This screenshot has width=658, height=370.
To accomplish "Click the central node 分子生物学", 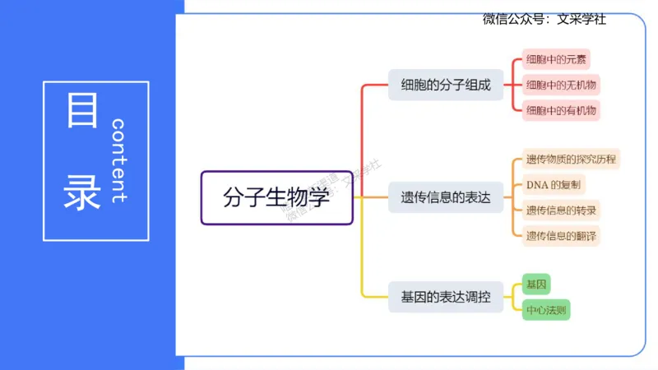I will coord(276,197).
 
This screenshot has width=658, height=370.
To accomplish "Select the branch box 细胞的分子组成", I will coord(445,85).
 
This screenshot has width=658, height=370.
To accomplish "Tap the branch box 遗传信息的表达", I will coord(445,197).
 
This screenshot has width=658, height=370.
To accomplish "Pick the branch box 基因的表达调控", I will coord(445,297).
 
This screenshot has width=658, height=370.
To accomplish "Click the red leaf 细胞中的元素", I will coord(557,60).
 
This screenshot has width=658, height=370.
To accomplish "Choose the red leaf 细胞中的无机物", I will coord(562,85).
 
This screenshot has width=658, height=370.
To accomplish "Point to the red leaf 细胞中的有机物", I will coord(562,109).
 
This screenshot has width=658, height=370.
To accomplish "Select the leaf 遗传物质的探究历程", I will coord(571,160).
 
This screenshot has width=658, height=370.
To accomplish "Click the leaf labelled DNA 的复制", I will coord(554,184).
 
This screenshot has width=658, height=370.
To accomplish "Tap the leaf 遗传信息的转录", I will coord(562,210).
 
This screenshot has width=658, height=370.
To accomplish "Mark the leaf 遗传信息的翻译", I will coord(562,235).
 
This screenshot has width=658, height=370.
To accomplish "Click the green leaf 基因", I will coord(535,284).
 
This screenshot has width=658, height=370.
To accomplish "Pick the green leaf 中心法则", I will coord(546,310).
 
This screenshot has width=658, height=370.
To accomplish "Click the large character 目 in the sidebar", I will coord(81,110).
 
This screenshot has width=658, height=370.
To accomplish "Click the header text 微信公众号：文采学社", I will coord(544,19).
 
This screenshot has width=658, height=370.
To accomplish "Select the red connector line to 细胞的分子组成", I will coord(363,132).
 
